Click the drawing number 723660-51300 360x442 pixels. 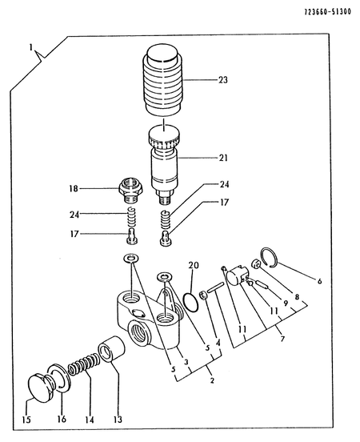click(x=328, y=12)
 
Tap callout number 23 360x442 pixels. click(x=223, y=80)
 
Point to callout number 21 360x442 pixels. click(x=223, y=158)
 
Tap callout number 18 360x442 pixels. click(x=74, y=188)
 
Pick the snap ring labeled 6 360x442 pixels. click(x=270, y=257)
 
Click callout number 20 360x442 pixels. click(x=194, y=265)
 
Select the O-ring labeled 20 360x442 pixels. click(x=190, y=303)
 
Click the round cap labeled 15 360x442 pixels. click(x=41, y=388)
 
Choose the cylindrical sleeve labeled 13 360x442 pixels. click(x=111, y=348)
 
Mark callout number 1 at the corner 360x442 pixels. click(x=31, y=48)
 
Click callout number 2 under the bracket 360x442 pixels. click(x=212, y=380)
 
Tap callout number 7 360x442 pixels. click(x=282, y=338)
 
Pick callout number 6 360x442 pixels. click(x=319, y=281)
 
